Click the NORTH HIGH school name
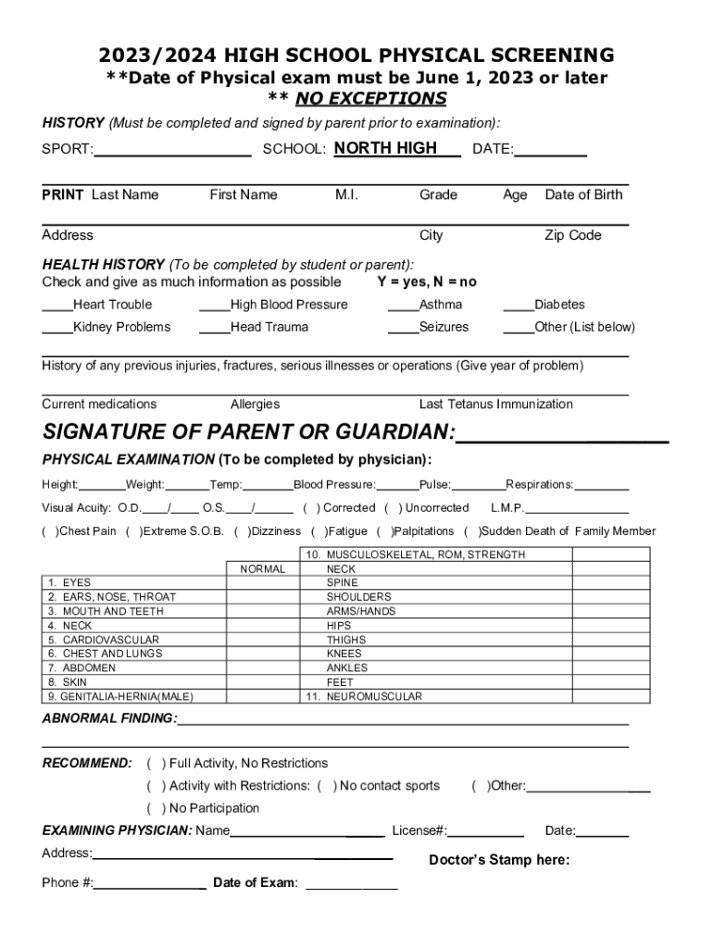tap(385, 149)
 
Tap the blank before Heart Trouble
tap(57, 306)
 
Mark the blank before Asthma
tap(403, 306)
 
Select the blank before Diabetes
tap(519, 306)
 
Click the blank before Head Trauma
tap(215, 328)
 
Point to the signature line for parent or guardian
tap(562, 435)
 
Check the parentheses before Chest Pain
tap(51, 531)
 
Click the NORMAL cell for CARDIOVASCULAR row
tap(263, 640)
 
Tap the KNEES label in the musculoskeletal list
tap(345, 654)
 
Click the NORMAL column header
tap(263, 569)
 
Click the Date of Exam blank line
tap(352, 884)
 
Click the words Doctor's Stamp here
tap(499, 860)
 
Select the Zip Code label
tap(572, 236)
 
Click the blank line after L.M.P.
tap(578, 509)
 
